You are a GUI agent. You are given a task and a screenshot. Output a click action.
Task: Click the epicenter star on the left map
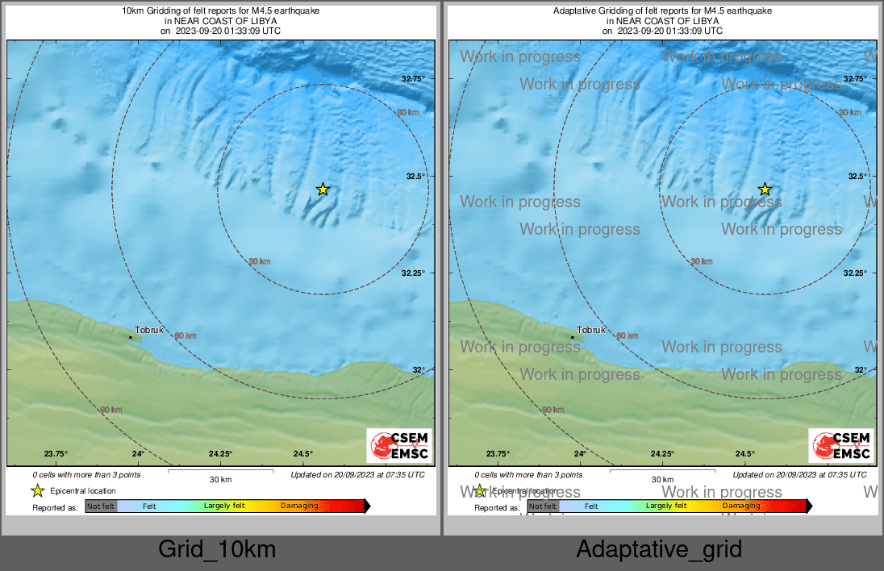click(323, 190)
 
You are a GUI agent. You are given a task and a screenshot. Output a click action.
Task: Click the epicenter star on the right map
click(765, 190)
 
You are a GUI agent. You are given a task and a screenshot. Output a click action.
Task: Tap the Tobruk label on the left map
click(149, 331)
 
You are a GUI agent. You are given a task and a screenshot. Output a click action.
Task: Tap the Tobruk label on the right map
click(591, 331)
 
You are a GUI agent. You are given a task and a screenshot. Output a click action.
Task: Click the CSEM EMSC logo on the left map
click(399, 446)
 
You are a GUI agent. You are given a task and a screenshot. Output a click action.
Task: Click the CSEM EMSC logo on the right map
click(841, 446)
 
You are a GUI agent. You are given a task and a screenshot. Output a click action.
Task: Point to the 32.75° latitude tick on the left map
click(413, 79)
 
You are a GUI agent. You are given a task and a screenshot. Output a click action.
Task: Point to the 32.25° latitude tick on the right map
click(855, 273)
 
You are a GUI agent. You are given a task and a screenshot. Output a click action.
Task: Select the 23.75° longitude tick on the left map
click(56, 454)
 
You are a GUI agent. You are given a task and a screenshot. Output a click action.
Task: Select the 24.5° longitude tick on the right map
click(744, 454)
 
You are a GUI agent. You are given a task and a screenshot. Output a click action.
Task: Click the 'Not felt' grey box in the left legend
click(101, 506)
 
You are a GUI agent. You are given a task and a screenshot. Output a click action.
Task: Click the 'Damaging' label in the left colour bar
click(299, 506)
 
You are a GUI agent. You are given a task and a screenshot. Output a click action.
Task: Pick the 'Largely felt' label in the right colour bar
click(666, 506)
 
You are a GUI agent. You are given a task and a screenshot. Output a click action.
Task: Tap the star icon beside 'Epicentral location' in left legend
click(37, 490)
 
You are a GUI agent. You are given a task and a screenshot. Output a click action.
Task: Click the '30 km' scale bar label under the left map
click(220, 480)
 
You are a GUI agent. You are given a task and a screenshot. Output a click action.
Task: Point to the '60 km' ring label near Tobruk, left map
click(185, 336)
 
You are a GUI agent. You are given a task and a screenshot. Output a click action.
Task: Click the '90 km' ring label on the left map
click(111, 411)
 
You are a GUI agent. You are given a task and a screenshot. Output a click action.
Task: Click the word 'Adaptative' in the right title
click(573, 11)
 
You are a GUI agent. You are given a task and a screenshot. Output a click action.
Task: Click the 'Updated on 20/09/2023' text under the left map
click(357, 475)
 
